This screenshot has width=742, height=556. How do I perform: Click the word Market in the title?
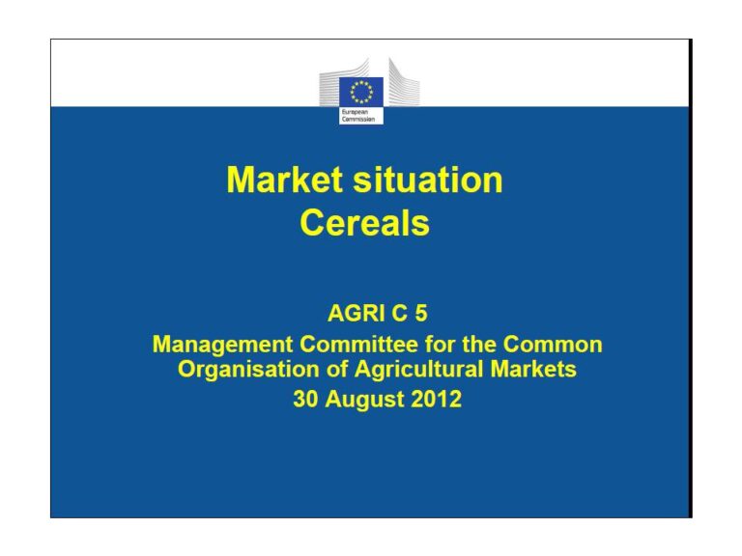[x=284, y=180]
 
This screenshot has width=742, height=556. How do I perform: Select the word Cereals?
[x=364, y=223]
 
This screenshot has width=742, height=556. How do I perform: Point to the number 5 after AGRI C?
[x=421, y=313]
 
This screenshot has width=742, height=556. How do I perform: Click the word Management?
[x=222, y=345]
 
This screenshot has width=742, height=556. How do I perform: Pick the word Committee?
[x=358, y=345]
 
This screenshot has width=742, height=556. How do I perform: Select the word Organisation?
[x=248, y=370]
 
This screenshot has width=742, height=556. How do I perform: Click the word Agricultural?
[x=418, y=370]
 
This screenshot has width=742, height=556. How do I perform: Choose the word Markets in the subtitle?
[x=533, y=370]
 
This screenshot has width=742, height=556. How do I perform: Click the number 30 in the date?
[x=305, y=399]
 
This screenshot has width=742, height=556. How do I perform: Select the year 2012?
[x=437, y=399]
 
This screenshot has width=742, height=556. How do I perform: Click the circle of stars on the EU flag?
[x=361, y=92]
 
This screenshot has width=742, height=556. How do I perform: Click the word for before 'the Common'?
[x=441, y=345]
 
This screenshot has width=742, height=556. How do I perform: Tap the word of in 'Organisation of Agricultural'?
[x=337, y=370]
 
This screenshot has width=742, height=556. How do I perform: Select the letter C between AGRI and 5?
[x=399, y=313]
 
